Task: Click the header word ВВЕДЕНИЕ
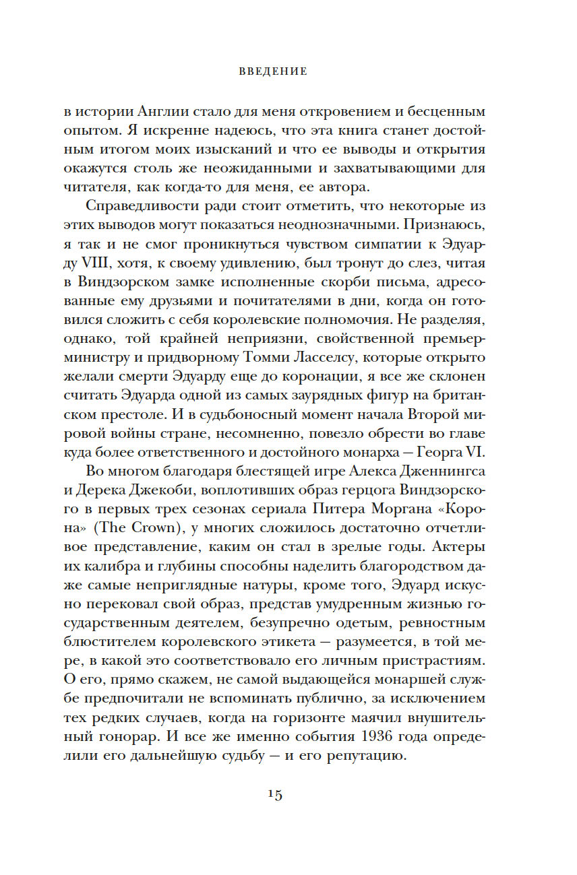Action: point(273,71)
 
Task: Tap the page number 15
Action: point(274,795)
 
